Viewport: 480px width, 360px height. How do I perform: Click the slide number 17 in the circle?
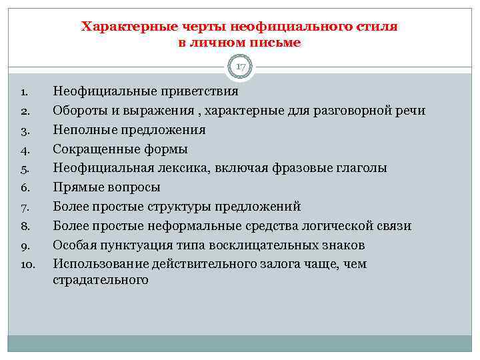tap(240, 67)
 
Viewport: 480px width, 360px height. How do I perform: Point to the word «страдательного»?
tap(100, 280)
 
